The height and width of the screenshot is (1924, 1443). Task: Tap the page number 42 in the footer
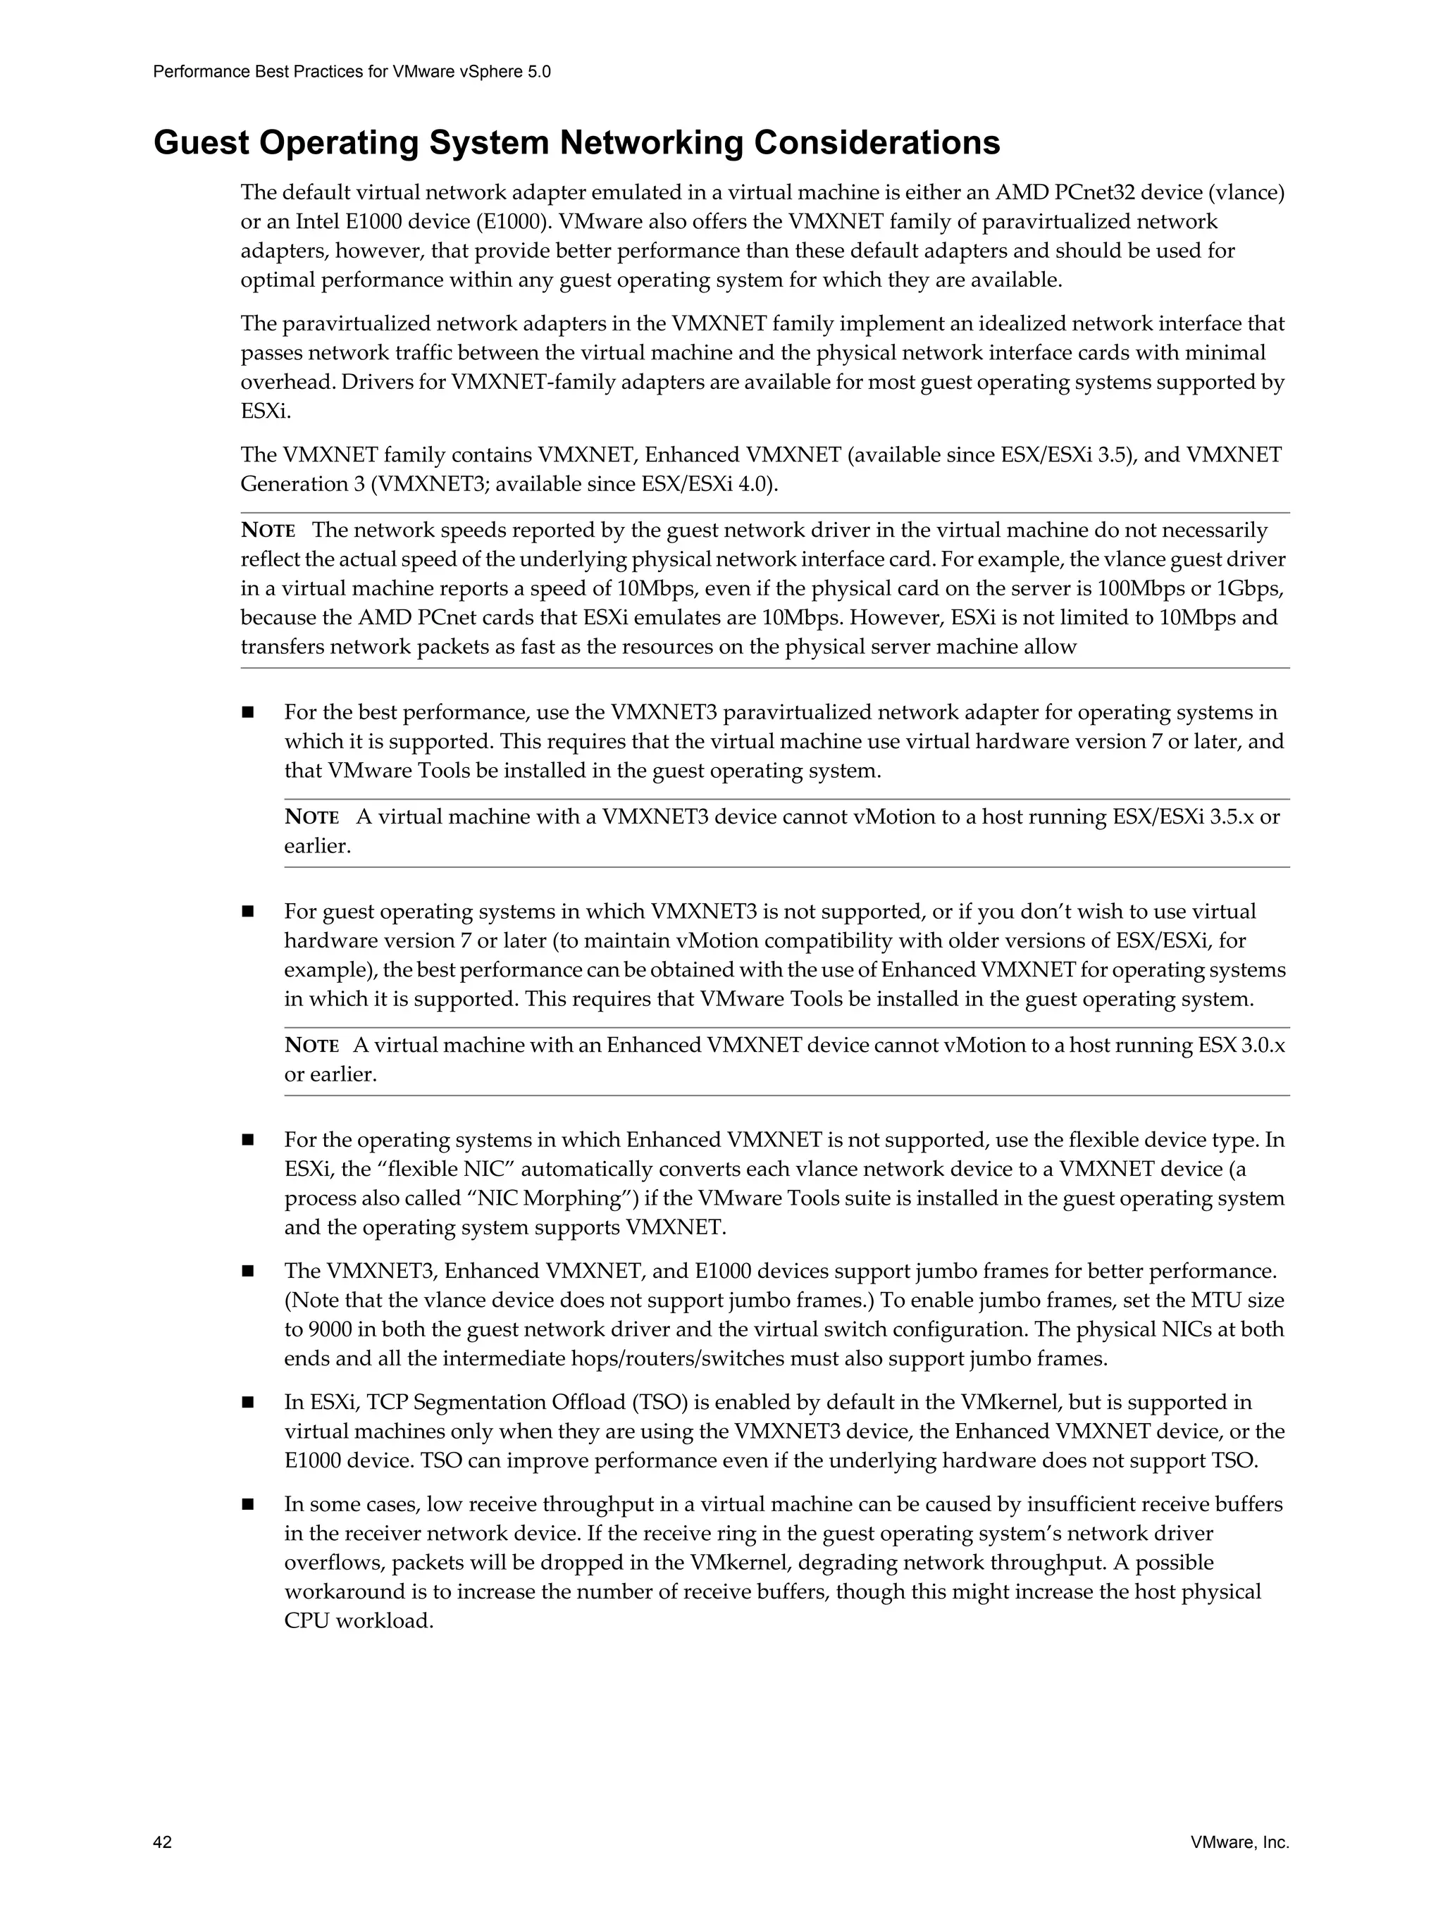point(163,1842)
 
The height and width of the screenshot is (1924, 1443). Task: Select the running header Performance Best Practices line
point(352,72)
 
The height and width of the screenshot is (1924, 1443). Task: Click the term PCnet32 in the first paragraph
point(1094,192)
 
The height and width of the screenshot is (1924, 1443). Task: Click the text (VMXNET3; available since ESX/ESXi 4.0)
point(574,483)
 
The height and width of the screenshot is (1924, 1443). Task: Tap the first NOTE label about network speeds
point(267,530)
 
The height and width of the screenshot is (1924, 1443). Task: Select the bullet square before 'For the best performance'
point(248,713)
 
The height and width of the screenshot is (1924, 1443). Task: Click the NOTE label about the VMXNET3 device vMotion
point(311,818)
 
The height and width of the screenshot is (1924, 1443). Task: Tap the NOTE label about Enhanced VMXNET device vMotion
point(311,1045)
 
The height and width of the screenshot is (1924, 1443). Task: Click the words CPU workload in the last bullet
point(359,1620)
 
